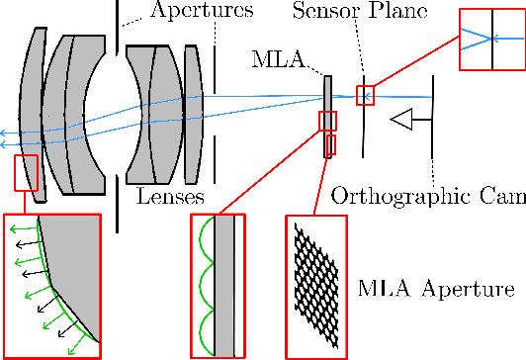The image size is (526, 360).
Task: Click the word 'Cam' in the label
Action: coord(503,196)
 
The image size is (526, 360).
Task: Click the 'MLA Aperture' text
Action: coord(435,291)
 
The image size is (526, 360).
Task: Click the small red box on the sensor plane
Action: coord(366,95)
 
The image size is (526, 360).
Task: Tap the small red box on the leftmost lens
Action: coord(25,173)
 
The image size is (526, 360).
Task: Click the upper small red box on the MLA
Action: coord(327,121)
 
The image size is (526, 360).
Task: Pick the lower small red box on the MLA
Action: coord(330,145)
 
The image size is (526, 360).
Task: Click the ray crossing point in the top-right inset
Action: coord(490,40)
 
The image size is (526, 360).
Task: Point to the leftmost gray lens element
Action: coord(32,109)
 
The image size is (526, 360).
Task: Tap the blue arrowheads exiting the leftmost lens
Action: coord(5,135)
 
